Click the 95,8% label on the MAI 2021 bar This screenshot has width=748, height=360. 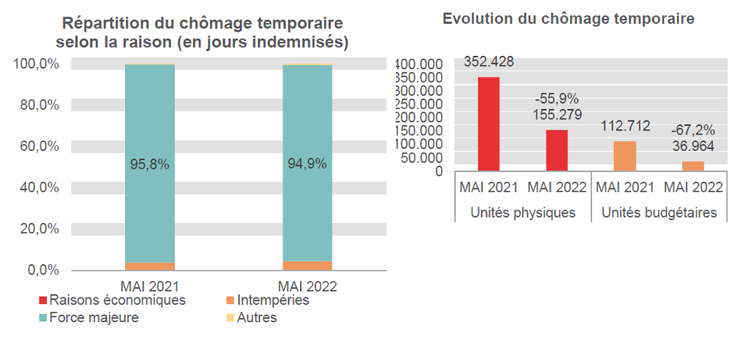150,165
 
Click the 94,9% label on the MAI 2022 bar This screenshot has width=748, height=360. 307,165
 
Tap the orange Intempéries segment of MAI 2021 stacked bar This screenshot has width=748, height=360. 150,267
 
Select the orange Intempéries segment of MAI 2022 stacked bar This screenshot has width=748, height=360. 307,266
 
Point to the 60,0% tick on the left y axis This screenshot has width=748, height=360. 36,146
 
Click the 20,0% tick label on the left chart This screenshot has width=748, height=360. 36,229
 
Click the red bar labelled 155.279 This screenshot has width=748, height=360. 556,150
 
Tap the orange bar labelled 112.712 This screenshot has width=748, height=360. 625,155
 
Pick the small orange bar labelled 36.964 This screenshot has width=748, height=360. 693,165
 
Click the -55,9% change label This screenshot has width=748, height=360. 556,100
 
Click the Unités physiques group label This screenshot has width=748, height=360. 522,213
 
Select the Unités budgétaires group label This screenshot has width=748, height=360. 659,213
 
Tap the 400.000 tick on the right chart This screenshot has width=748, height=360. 420,64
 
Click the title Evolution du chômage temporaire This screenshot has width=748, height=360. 568,18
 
